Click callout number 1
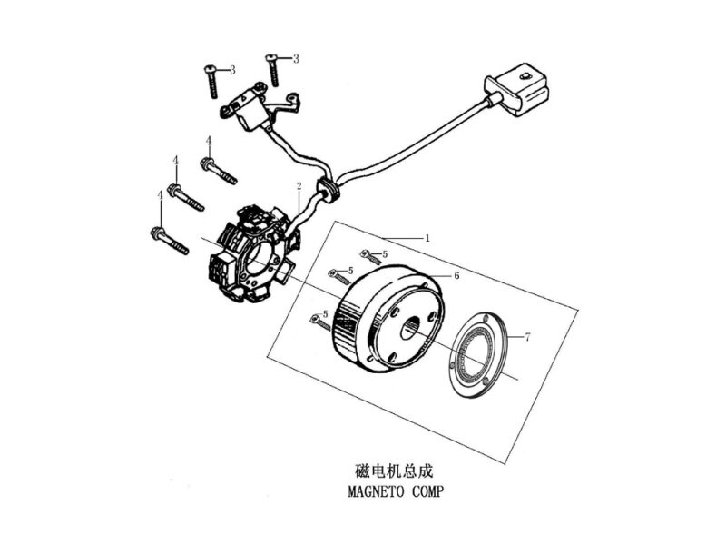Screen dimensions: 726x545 click(x=427, y=238)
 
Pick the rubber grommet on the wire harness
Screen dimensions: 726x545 click(x=327, y=189)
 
